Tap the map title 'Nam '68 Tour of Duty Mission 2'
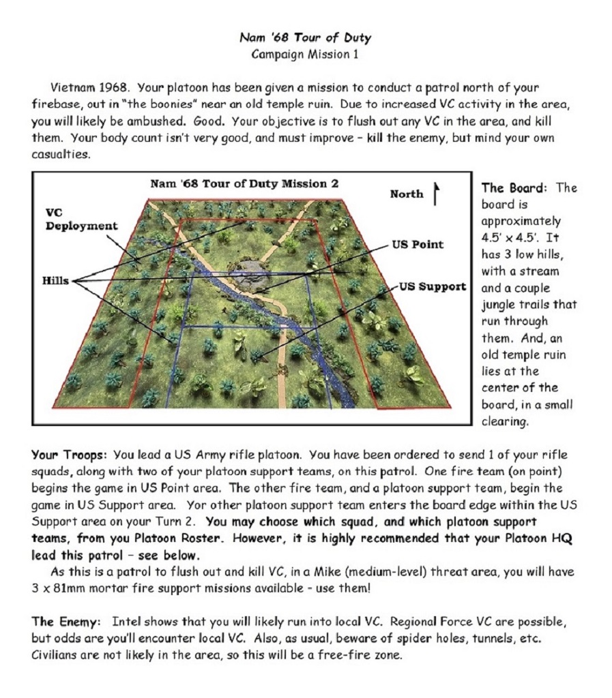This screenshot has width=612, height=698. tap(244, 183)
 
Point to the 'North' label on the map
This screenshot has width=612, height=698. tap(407, 194)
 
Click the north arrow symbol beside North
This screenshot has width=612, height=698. tap(435, 192)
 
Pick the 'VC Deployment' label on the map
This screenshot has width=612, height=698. tap(81, 219)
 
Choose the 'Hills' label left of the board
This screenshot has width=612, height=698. tap(55, 281)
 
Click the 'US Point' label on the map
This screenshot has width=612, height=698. tap(418, 244)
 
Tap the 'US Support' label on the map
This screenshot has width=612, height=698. tap(433, 286)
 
